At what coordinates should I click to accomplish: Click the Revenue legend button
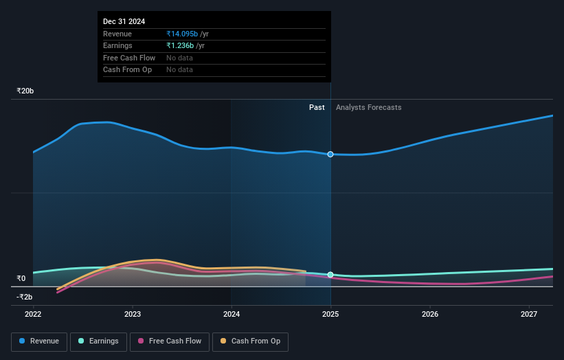[40, 341]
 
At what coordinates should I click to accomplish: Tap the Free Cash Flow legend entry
[169, 341]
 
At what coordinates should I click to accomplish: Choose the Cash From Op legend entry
[250, 341]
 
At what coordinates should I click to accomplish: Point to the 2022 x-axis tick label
[33, 314]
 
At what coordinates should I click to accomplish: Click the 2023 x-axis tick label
[133, 314]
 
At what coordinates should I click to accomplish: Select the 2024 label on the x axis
[232, 314]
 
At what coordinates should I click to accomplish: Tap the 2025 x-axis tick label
[330, 314]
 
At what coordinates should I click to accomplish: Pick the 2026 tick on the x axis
[430, 314]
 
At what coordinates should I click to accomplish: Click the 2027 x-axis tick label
[529, 314]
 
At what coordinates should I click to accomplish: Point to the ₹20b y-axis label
[25, 91]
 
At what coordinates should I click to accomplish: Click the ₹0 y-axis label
[21, 278]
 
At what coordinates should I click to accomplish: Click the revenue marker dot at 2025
[330, 154]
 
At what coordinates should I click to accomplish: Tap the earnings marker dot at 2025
[330, 275]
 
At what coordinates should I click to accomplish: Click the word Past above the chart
[317, 107]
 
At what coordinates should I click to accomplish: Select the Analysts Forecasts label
[368, 107]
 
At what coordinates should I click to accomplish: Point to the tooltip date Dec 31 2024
[124, 21]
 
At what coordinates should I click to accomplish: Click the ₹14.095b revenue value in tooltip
[182, 34]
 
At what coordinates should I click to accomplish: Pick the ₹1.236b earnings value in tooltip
[180, 45]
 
